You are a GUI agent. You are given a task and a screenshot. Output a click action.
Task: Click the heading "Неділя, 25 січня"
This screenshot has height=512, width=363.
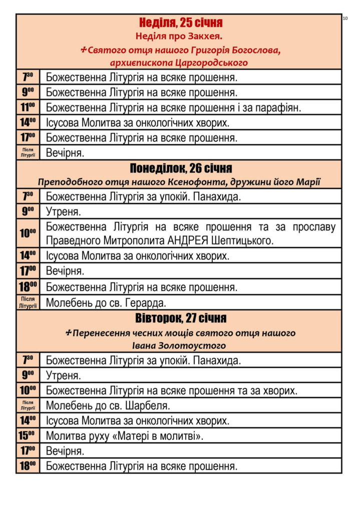coord(180,22)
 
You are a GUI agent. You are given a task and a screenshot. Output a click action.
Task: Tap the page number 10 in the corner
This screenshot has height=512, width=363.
coord(345,18)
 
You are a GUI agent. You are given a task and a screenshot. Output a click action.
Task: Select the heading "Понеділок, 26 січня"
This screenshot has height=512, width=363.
coord(181,168)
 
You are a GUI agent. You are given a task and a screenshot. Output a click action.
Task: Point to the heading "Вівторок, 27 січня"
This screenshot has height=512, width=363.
coord(181,318)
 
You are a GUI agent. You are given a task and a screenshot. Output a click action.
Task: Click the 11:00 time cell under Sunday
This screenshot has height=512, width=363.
coord(28,107)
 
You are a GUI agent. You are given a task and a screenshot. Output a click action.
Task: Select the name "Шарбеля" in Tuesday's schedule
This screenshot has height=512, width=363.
coord(150,405)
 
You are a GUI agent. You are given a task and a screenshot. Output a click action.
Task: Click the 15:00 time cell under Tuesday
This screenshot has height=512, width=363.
coord(28,435)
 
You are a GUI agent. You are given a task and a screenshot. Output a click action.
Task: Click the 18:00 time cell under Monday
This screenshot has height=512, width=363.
coord(28,287)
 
